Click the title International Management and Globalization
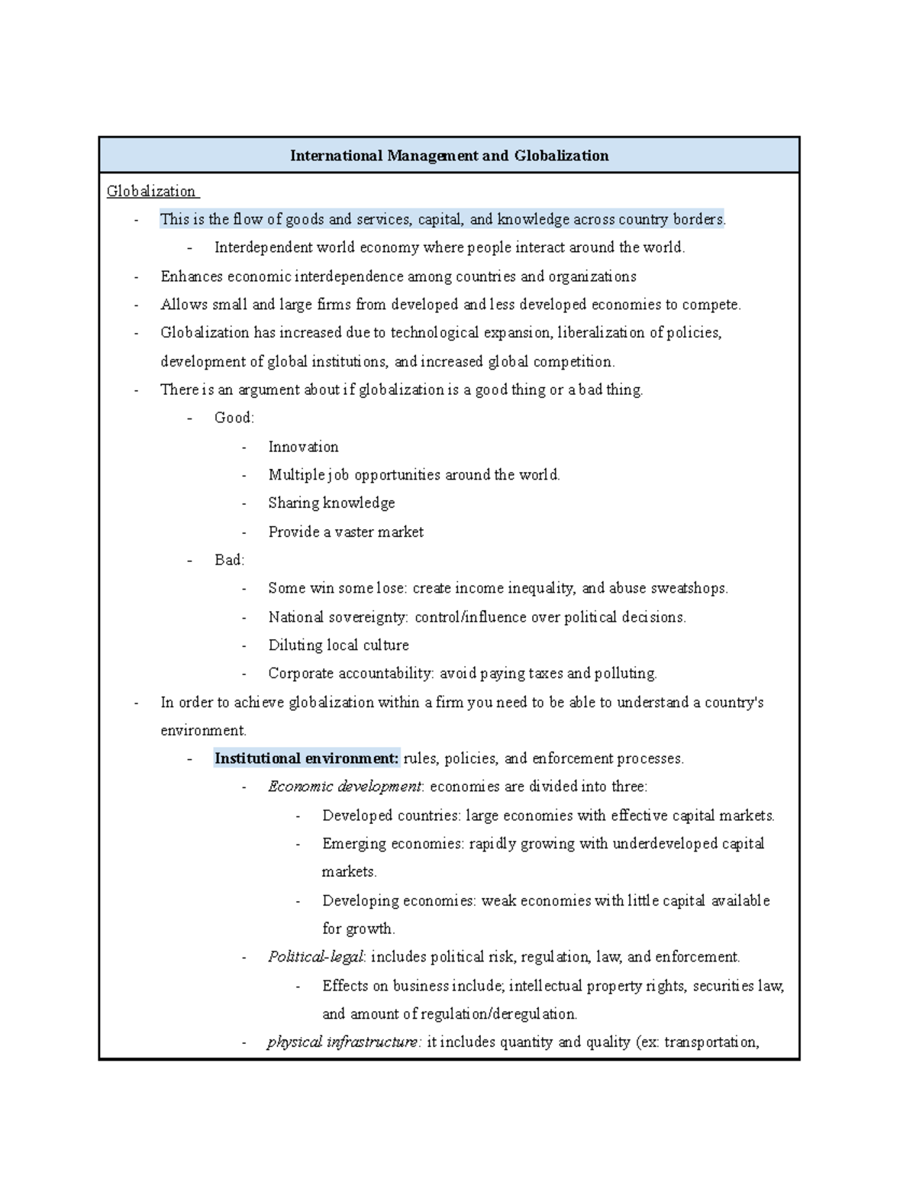click(449, 156)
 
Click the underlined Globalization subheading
click(151, 191)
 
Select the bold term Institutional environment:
click(307, 758)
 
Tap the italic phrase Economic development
click(344, 787)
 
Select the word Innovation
click(303, 447)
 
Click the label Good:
click(234, 418)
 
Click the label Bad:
click(229, 560)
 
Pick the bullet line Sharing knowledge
click(331, 503)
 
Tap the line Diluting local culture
click(338, 645)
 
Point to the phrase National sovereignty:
click(338, 617)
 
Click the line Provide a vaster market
click(346, 532)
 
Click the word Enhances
click(192, 276)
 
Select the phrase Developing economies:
click(399, 901)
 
